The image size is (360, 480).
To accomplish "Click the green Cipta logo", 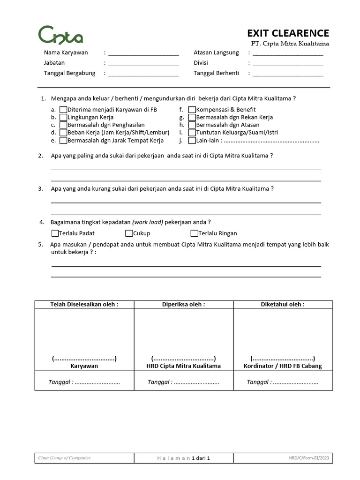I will coord(60,35).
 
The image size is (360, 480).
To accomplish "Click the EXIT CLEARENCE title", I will coord(288,33).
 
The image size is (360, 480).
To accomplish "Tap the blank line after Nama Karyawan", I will coord(143,53).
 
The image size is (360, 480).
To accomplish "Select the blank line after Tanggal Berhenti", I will coord(288,74).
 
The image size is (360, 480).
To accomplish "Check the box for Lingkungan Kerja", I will coord(63,117).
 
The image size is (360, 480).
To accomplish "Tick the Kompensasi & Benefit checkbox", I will coord(192,110).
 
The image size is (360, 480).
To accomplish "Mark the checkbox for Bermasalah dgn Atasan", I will coord(192,125).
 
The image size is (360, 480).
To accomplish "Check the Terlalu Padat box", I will coord(55,233).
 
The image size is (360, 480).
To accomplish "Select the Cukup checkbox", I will coord(129,233).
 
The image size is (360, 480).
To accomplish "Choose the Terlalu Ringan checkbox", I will coord(194,233).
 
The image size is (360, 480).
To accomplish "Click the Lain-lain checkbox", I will coord(192,140).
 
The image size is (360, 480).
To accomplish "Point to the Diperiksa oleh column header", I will coord(183,304).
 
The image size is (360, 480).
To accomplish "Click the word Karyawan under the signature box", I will coord(84,366).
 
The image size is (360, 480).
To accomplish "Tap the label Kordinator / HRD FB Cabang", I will coord(283,366).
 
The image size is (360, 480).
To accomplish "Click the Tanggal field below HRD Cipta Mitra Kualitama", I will coord(183,382).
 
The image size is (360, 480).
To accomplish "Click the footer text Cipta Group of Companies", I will coord(64,458).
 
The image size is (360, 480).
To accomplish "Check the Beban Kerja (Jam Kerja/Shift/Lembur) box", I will coord(63,133).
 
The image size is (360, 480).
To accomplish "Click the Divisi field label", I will coord(201,63).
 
